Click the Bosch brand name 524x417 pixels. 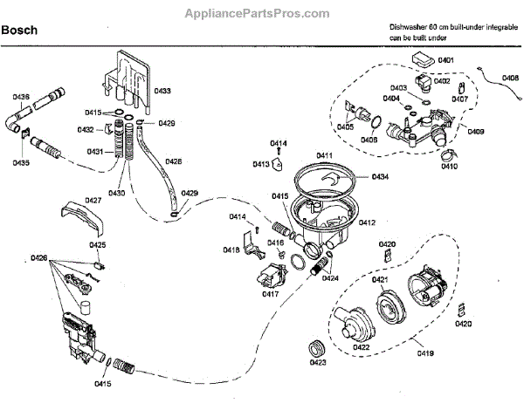click(x=18, y=31)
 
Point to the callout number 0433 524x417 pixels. click(x=163, y=91)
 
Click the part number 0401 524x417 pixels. click(x=445, y=60)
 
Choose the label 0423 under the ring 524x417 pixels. click(x=317, y=362)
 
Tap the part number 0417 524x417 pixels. click(x=270, y=294)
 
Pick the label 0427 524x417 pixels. click(x=93, y=200)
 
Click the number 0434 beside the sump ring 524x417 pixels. click(x=379, y=177)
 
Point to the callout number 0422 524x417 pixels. click(x=361, y=347)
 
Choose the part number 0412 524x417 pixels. click(x=366, y=223)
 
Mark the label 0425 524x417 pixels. click(x=97, y=245)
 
